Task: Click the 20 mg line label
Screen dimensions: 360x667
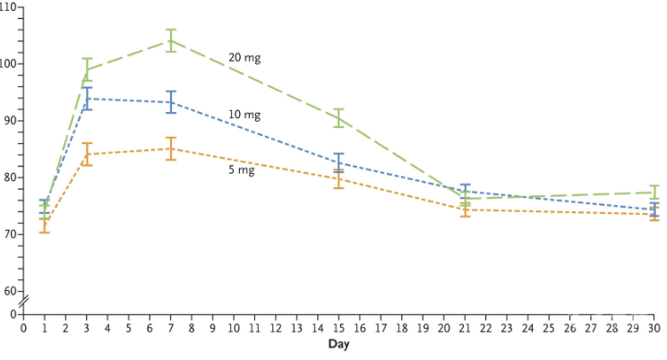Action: coord(244,57)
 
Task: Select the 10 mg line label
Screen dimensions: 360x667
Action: coord(244,116)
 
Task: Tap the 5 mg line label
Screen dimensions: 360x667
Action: coord(242,169)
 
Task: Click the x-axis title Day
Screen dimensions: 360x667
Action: coord(338,344)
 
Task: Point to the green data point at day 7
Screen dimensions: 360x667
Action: coord(171,40)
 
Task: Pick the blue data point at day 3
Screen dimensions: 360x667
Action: coord(87,99)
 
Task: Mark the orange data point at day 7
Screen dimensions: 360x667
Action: coord(171,149)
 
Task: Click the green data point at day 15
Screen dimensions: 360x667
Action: coord(339,117)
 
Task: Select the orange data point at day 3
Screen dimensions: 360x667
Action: coord(87,154)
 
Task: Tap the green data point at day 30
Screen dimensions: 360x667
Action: coord(654,193)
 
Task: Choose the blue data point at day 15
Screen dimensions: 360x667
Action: coord(339,162)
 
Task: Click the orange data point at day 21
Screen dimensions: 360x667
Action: coord(466,210)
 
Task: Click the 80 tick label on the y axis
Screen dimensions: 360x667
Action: coord(9,177)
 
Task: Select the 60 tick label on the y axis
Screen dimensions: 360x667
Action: coord(9,291)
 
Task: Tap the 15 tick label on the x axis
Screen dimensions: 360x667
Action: coord(339,329)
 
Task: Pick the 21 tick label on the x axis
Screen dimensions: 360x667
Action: coord(466,329)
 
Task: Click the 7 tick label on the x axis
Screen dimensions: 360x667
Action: coord(171,329)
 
